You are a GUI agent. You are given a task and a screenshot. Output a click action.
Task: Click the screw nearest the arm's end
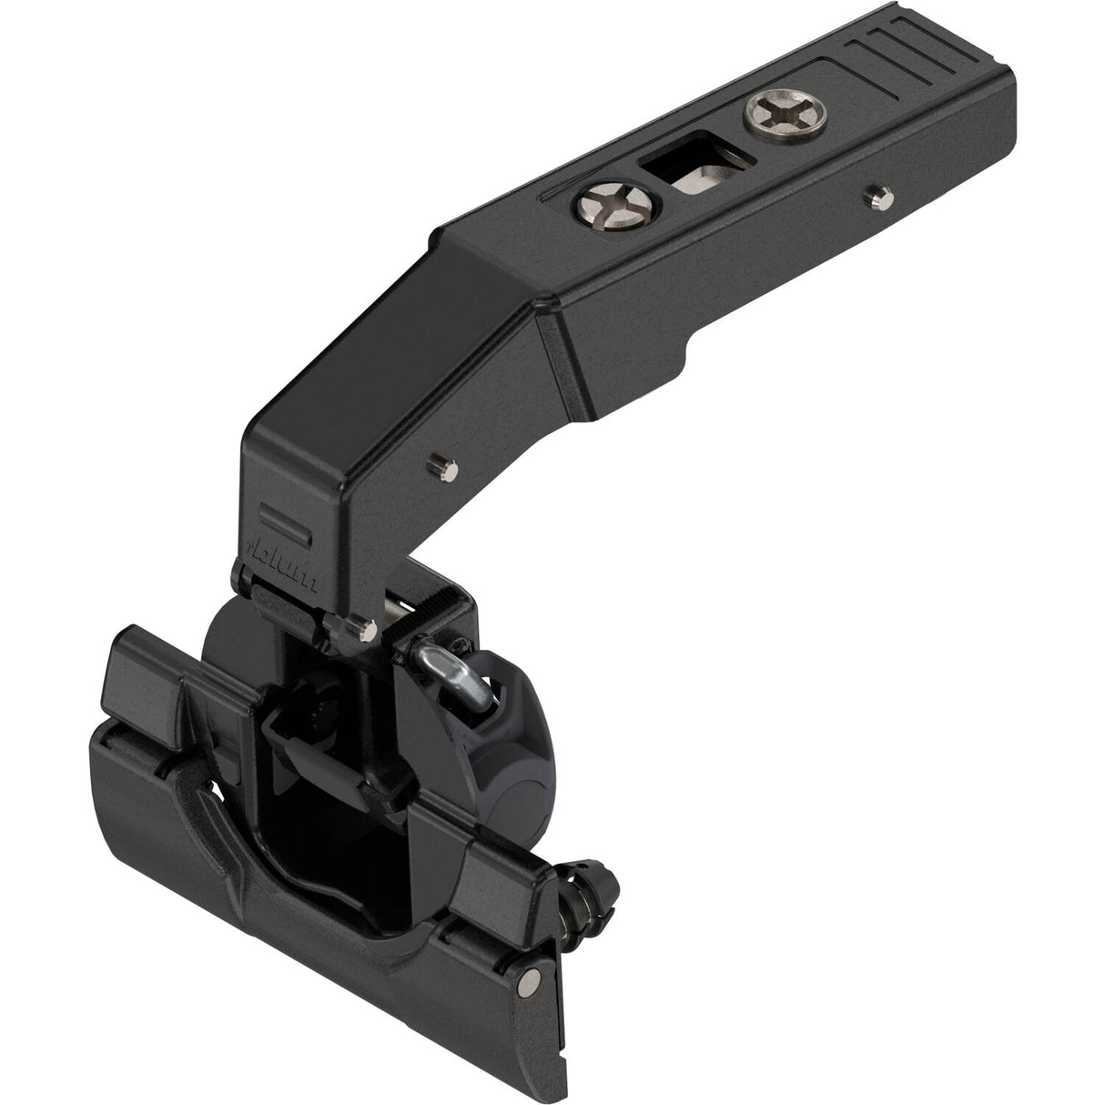[770, 117]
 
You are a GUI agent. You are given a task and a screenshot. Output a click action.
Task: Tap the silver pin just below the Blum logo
[366, 625]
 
